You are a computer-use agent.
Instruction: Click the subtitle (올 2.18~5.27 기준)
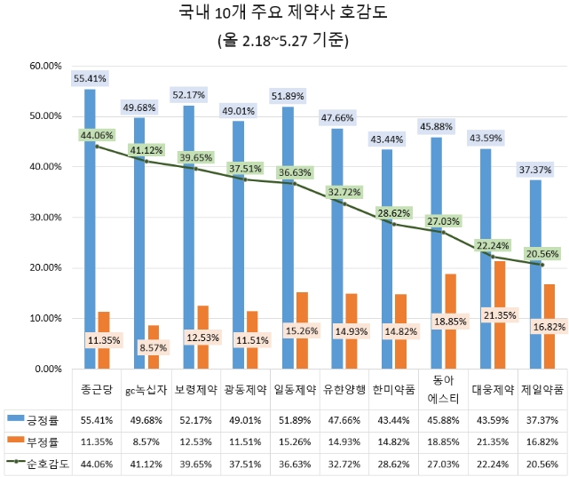pos(283,40)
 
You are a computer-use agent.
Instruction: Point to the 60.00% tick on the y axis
pos(43,66)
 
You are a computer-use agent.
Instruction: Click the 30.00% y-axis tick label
pos(43,217)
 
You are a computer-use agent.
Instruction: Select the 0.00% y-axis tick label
pos(46,368)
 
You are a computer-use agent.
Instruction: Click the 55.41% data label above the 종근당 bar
pos(90,78)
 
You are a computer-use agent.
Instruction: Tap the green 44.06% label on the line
pos(97,135)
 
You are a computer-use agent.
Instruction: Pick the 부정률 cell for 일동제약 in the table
pos(295,439)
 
